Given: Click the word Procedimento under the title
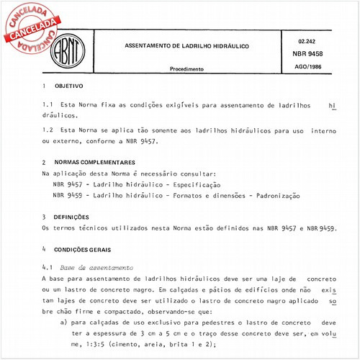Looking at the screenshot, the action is tap(186, 69).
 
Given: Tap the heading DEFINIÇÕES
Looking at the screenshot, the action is tap(72, 217).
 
